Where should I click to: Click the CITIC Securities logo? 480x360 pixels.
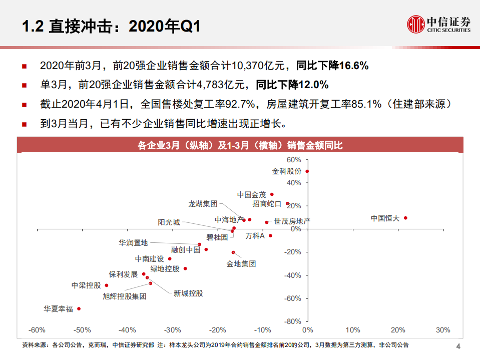(x=438, y=24)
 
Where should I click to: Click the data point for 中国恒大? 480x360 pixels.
(x=405, y=218)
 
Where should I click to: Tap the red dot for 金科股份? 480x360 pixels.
(x=307, y=171)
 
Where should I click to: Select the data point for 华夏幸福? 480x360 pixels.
(x=79, y=309)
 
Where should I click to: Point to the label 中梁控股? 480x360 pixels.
(x=86, y=285)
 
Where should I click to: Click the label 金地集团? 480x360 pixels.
(x=241, y=263)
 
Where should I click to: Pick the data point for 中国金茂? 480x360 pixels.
(x=272, y=194)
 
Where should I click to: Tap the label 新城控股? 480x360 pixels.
(x=188, y=293)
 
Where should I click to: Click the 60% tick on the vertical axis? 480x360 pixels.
(x=294, y=160)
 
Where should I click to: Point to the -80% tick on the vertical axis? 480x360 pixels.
(x=293, y=321)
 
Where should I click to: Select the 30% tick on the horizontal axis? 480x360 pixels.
(x=443, y=330)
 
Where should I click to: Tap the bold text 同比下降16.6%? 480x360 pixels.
(x=332, y=65)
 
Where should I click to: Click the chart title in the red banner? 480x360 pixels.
(x=240, y=146)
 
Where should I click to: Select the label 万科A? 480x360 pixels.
(x=255, y=236)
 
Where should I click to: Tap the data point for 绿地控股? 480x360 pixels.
(x=185, y=269)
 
